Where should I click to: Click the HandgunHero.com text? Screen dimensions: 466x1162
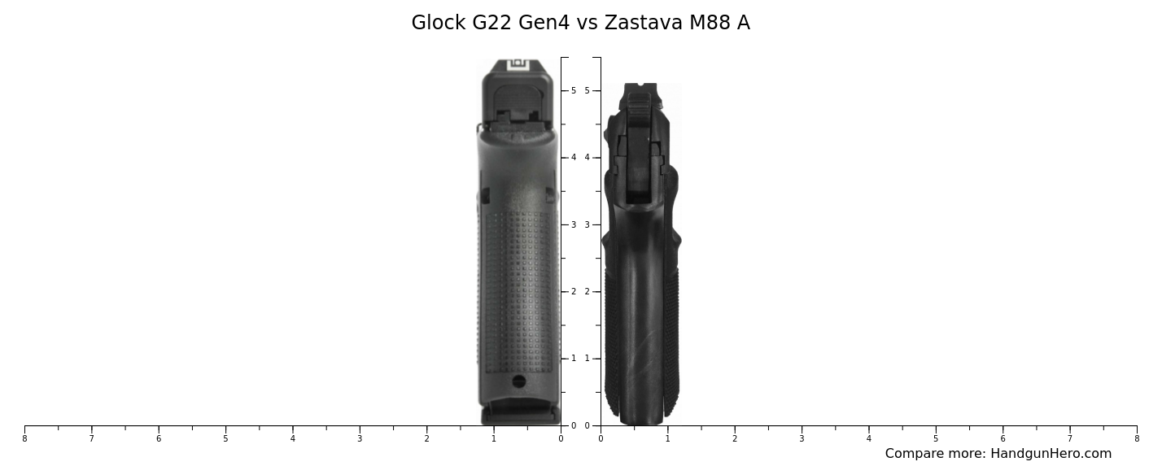(1051, 454)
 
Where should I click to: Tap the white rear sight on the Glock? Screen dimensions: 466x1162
(518, 65)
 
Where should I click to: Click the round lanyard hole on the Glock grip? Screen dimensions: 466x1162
(518, 381)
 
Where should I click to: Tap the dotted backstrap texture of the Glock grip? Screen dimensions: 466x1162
(518, 285)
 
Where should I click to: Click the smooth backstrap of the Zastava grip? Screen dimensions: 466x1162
(641, 325)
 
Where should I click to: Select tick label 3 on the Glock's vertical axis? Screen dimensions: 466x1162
(574, 224)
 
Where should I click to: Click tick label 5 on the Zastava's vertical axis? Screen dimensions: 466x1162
(587, 90)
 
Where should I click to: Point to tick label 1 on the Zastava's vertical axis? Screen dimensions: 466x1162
(587, 359)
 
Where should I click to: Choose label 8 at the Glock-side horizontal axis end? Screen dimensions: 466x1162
(24, 439)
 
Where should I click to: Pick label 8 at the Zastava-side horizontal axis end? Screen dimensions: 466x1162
(1137, 439)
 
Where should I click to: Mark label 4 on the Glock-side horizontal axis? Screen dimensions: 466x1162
(292, 439)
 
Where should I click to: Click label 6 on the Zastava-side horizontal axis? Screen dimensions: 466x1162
(1003, 439)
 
